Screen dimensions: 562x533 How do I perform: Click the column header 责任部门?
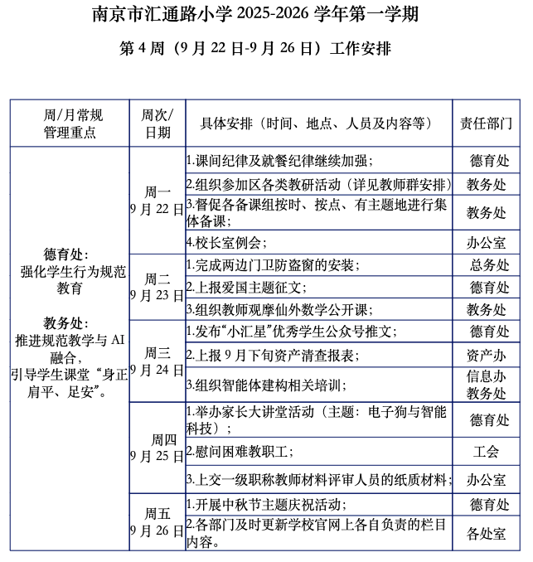point(487,124)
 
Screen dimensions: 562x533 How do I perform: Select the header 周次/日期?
point(157,124)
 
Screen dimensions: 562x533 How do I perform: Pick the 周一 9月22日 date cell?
point(157,200)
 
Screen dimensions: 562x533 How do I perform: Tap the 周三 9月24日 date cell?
point(157,361)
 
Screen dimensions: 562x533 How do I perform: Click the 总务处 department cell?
point(487,265)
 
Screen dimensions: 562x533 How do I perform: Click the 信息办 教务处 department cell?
point(487,384)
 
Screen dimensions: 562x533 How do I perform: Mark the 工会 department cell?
point(487,452)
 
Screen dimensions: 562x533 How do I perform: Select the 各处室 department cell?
point(487,533)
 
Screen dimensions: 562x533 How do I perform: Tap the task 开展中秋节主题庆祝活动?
point(266,505)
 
